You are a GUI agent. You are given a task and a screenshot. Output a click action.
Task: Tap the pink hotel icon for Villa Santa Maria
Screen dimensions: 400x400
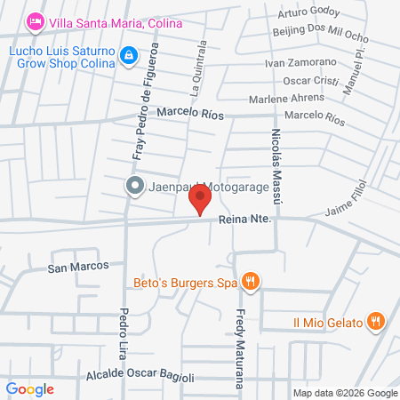click(x=36, y=20)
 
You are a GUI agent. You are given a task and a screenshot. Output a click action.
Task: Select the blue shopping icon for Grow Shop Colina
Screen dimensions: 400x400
click(x=130, y=56)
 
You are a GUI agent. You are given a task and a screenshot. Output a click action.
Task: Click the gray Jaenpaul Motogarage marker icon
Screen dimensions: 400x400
click(x=134, y=186)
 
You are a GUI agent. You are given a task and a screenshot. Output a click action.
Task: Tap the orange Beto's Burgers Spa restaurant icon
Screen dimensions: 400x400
click(x=252, y=283)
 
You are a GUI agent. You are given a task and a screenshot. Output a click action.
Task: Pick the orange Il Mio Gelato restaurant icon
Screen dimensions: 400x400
click(x=378, y=321)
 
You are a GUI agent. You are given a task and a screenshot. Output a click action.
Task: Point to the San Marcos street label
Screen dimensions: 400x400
click(x=78, y=266)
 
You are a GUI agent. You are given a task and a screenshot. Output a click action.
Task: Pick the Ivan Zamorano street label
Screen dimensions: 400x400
click(x=300, y=62)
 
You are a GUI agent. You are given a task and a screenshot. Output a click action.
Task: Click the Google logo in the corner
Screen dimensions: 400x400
click(x=30, y=389)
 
